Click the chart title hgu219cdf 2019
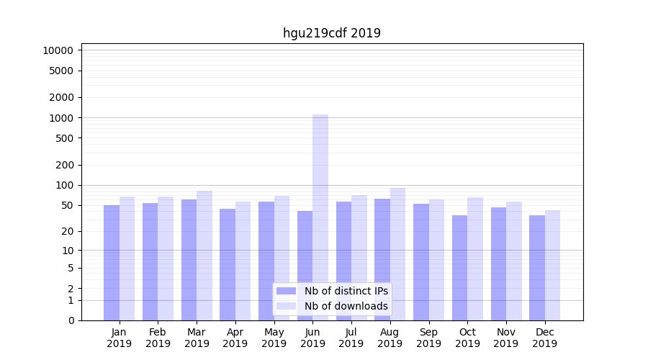(331, 33)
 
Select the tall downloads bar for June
(320, 216)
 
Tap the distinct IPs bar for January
(112, 263)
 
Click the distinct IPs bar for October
(459, 268)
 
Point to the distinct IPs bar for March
(189, 260)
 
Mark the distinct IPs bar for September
(421, 262)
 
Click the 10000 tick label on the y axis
(58, 50)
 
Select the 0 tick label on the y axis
(71, 320)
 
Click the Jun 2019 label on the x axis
(312, 338)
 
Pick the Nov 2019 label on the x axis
(505, 338)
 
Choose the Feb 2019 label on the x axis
(158, 338)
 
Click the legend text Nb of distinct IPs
(346, 291)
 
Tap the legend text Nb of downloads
(346, 306)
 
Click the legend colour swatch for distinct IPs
(286, 291)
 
